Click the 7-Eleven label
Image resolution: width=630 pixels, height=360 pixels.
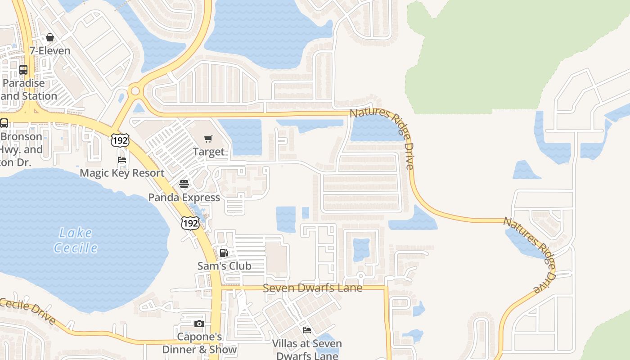point(50,50)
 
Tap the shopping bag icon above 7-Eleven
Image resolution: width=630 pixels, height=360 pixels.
point(50,37)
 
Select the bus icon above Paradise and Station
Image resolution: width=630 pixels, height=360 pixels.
point(23,70)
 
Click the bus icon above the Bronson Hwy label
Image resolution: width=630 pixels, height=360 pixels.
point(4,123)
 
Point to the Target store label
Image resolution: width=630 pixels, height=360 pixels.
point(208,152)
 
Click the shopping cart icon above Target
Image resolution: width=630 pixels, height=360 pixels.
point(208,139)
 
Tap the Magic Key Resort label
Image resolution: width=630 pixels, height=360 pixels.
point(122,173)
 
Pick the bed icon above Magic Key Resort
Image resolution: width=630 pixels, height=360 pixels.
point(122,160)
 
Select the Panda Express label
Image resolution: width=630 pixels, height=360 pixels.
point(184,197)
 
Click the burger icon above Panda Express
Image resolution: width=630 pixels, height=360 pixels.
point(184,184)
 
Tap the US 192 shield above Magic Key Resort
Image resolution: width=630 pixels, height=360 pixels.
point(121,140)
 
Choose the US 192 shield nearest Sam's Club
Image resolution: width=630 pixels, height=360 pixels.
point(190,223)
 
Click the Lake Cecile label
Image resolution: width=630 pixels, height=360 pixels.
point(76,240)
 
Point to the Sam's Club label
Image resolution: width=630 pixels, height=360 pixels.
point(224,265)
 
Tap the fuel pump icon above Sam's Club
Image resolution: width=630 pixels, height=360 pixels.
point(224,252)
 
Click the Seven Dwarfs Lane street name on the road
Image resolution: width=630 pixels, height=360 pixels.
point(312,288)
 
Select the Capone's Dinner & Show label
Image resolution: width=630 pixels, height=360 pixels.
point(199,343)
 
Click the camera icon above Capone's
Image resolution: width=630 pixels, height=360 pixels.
point(199,324)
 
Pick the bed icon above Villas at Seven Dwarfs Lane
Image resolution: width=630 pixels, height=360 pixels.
point(307,330)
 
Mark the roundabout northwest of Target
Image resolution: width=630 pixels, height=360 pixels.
point(135,91)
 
